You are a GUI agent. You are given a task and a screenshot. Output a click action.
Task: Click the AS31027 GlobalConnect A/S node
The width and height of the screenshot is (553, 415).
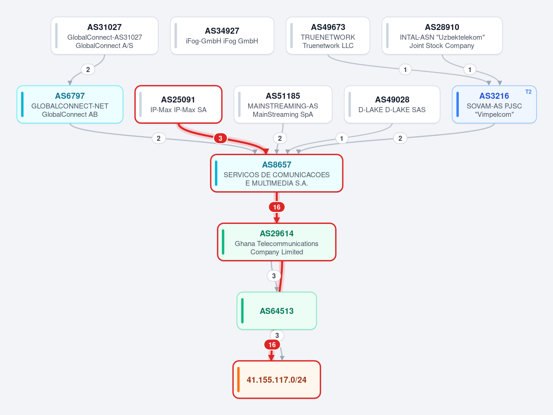click(104, 36)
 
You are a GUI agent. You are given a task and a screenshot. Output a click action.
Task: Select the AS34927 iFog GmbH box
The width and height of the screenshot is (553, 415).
click(222, 36)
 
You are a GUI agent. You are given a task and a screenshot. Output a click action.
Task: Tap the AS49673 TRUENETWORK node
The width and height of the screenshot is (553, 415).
click(328, 36)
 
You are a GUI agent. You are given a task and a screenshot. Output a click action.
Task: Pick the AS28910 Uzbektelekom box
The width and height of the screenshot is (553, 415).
click(442, 36)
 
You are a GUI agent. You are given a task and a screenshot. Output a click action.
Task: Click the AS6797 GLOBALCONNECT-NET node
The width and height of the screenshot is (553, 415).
click(70, 104)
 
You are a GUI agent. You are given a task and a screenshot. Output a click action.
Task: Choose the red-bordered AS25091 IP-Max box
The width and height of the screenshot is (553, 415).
click(178, 104)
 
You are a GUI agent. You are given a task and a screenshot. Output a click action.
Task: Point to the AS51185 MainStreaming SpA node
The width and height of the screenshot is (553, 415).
click(283, 104)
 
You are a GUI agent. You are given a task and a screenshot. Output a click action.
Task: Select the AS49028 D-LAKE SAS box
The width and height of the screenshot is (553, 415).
click(392, 104)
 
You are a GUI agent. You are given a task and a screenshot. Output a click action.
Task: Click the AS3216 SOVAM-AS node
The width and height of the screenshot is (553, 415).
click(494, 104)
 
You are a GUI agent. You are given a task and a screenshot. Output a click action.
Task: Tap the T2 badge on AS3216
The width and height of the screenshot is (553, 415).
click(528, 92)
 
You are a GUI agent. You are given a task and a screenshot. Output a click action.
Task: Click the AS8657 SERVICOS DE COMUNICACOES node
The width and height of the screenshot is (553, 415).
click(277, 173)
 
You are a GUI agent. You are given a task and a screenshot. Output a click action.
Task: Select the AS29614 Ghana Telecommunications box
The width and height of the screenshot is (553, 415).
click(277, 242)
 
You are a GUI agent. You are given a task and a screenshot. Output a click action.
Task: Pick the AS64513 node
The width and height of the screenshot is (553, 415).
click(277, 311)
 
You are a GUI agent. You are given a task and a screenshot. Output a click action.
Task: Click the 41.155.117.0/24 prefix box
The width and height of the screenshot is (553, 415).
click(277, 380)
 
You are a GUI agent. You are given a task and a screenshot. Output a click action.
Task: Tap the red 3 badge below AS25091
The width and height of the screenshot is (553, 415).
click(220, 138)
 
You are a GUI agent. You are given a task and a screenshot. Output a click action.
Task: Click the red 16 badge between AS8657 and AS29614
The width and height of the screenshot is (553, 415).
click(277, 207)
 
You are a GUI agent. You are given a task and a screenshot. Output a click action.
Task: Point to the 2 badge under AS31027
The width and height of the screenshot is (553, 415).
click(88, 70)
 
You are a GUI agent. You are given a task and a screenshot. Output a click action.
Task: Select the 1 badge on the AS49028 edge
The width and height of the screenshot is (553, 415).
click(341, 138)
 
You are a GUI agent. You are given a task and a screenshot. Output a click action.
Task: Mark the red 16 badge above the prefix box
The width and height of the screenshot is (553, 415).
click(272, 345)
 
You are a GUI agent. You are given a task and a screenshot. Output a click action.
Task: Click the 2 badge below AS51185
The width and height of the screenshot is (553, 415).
click(280, 138)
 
